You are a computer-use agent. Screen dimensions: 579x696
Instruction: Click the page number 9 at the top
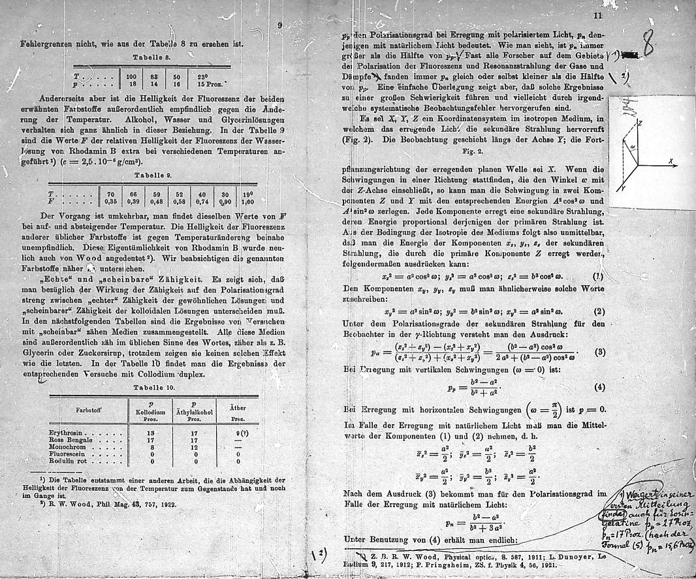(x=279, y=25)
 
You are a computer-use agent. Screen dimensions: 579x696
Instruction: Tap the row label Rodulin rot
(x=69, y=460)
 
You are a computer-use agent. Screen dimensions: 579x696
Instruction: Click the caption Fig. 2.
(x=479, y=149)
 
